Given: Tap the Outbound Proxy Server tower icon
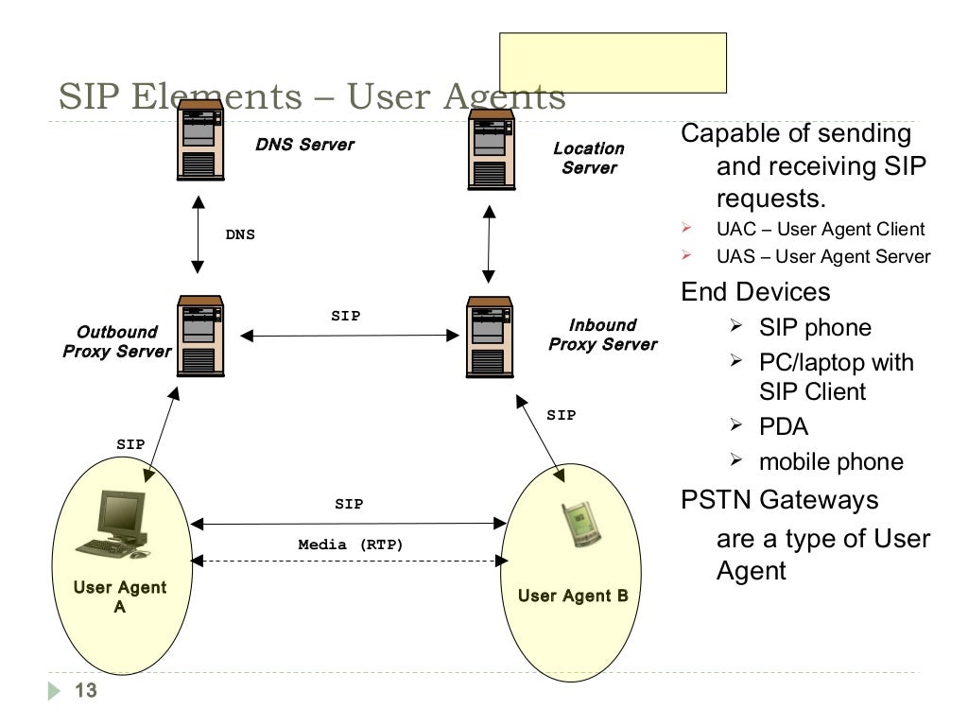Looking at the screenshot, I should click(200, 336).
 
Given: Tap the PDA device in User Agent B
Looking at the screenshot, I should click(579, 525).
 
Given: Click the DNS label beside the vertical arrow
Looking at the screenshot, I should click(240, 234).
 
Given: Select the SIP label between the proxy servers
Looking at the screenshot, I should click(345, 317).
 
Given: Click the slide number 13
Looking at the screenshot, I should click(85, 691).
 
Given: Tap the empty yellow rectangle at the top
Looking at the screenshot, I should click(613, 62).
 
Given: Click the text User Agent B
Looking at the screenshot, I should click(573, 596).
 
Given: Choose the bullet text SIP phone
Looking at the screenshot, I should click(815, 328).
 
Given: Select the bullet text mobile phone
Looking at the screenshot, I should click(831, 461).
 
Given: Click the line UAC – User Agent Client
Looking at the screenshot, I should click(821, 229).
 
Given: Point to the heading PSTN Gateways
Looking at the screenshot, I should click(780, 499).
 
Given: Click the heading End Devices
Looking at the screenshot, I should click(755, 291).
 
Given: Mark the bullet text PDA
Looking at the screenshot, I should click(784, 426).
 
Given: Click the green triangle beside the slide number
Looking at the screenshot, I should click(54, 692).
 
